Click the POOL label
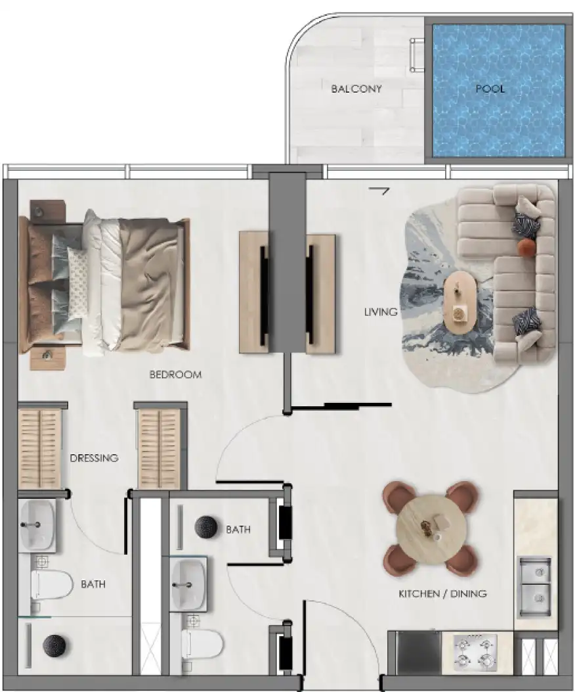(490, 89)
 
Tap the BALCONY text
(356, 89)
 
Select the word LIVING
(381, 312)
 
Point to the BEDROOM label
(175, 375)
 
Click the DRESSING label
(94, 458)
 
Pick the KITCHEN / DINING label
(442, 593)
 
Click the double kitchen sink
(535, 586)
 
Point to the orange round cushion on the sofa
(526, 246)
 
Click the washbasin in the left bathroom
(37, 524)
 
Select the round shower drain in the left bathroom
(54, 645)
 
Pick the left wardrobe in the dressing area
(39, 449)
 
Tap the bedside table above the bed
(48, 210)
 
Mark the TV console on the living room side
(320, 294)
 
